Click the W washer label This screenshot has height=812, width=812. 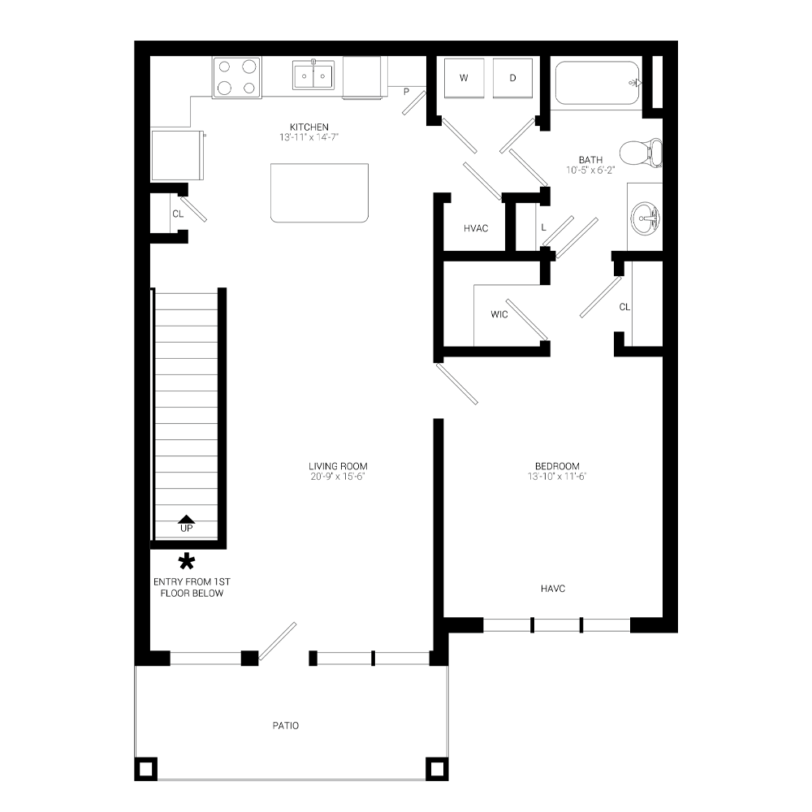[464, 79]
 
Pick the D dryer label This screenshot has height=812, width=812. [512, 79]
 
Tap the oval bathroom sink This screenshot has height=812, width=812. [646, 217]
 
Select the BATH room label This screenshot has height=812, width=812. [590, 165]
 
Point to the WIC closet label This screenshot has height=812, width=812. [501, 309]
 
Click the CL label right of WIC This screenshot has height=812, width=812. [624, 308]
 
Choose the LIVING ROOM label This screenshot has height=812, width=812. [339, 470]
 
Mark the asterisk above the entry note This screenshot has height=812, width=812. [188, 560]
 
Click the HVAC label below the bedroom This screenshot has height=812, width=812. [554, 586]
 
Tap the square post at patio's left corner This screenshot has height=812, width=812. [147, 767]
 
